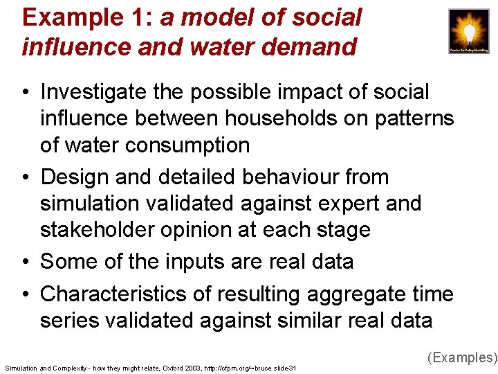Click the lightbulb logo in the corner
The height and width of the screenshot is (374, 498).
(469, 32)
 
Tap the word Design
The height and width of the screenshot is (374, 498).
(74, 177)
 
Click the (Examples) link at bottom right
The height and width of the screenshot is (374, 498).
(462, 357)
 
